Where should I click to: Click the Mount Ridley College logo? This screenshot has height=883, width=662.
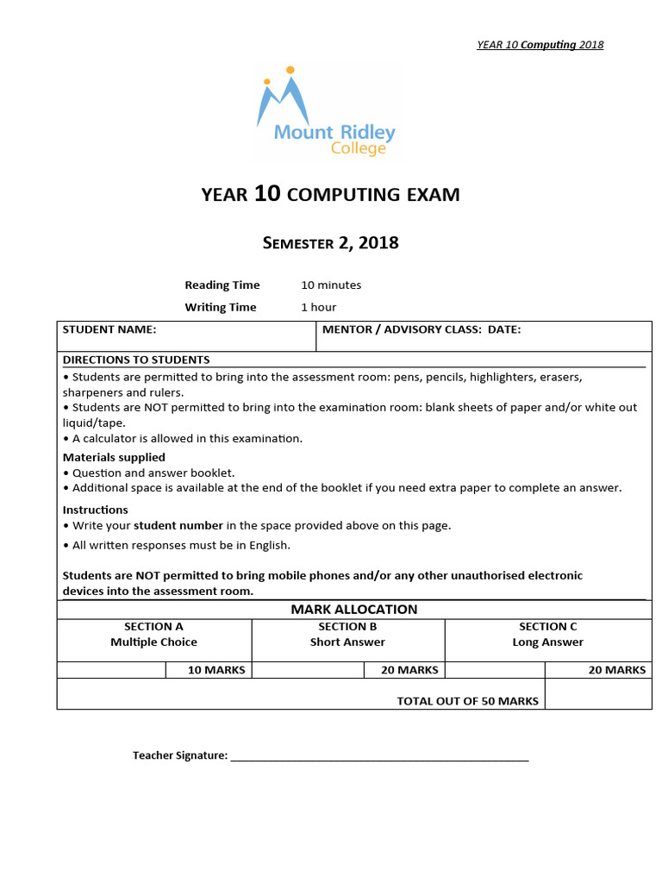[x=326, y=114]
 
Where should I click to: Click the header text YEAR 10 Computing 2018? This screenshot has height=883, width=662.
[x=540, y=45]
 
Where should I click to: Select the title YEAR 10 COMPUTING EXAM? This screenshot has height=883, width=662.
[x=330, y=195]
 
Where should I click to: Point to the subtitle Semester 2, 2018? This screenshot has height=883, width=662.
[x=330, y=243]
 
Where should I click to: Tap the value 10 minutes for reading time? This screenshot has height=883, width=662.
[x=331, y=285]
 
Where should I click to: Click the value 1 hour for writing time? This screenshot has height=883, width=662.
[x=318, y=307]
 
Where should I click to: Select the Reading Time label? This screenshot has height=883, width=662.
[x=219, y=285]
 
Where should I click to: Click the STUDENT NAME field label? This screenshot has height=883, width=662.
[x=109, y=329]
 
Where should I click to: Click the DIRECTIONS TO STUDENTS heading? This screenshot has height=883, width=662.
[x=136, y=360]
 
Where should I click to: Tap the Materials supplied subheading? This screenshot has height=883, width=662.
[x=114, y=457]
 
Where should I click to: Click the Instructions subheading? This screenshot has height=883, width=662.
[x=96, y=510]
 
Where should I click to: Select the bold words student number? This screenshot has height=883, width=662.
[x=178, y=525]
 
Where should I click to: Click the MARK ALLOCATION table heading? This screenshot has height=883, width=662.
[x=353, y=609]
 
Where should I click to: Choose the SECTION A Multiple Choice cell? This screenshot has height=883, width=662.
[x=153, y=635]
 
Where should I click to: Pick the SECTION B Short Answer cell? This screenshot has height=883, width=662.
[x=347, y=635]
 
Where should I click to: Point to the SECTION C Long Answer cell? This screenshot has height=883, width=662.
[x=547, y=635]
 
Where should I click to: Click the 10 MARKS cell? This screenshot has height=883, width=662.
[x=216, y=670]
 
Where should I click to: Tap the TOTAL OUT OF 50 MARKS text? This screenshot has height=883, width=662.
[x=467, y=701]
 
